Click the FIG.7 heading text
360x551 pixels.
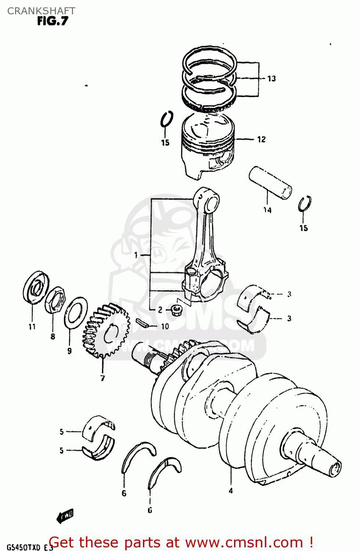(x=53, y=21)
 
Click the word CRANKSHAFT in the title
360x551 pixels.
(x=41, y=11)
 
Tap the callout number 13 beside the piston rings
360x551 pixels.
(x=271, y=79)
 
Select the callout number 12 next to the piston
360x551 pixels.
(x=261, y=140)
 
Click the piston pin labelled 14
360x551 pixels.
(x=270, y=183)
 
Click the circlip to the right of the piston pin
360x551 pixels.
(x=305, y=204)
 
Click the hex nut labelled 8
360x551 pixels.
(x=55, y=300)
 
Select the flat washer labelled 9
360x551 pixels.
(x=76, y=313)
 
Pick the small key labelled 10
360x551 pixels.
(x=141, y=323)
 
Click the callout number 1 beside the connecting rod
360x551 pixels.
(x=136, y=255)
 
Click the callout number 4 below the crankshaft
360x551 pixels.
(x=231, y=491)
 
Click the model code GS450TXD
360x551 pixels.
(x=24, y=547)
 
